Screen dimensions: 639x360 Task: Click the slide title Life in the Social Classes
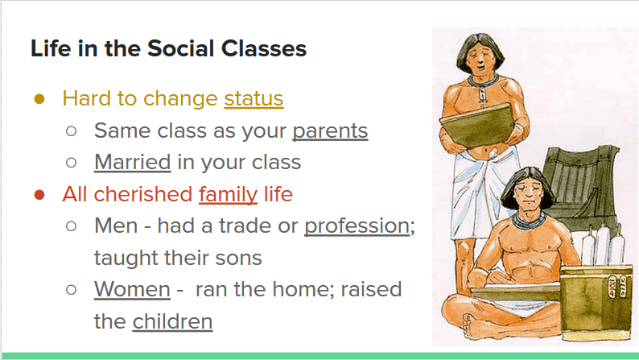click(x=168, y=49)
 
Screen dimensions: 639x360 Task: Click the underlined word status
click(x=254, y=99)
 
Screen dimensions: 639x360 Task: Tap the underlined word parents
click(x=330, y=131)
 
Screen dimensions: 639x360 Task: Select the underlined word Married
click(x=133, y=162)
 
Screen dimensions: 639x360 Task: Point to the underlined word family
click(x=229, y=194)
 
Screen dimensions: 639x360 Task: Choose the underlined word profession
click(x=357, y=226)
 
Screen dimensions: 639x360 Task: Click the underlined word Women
click(x=132, y=289)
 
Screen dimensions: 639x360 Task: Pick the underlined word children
click(x=172, y=321)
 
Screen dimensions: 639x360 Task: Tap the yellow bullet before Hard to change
click(x=39, y=99)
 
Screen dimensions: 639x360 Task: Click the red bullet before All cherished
click(x=39, y=195)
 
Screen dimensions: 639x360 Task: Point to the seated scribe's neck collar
click(x=529, y=220)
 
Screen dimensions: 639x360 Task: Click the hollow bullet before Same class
click(x=72, y=131)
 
